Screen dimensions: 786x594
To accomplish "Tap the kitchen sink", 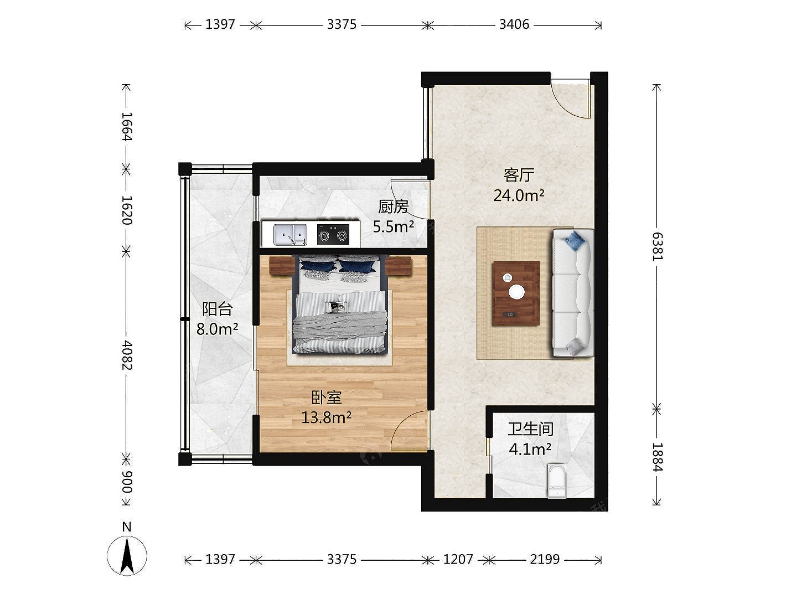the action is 290,235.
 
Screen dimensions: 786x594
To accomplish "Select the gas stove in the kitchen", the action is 333,235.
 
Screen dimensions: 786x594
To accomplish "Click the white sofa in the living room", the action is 573,293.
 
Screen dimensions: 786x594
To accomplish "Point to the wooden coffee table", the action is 516,293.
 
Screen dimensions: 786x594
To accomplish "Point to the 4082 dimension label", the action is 127,355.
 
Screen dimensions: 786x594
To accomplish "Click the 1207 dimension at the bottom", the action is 458,559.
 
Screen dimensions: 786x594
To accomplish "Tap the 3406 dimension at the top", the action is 514,24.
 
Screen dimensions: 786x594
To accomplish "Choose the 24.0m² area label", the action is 519,195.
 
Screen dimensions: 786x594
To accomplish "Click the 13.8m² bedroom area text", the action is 326,417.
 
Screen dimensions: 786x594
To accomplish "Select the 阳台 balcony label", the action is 218,309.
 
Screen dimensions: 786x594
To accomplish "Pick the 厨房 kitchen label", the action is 393,206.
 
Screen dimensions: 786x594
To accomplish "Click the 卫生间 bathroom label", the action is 530,429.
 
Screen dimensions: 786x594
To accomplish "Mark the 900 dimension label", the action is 127,482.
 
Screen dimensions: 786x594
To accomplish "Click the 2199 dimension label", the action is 545,559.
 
